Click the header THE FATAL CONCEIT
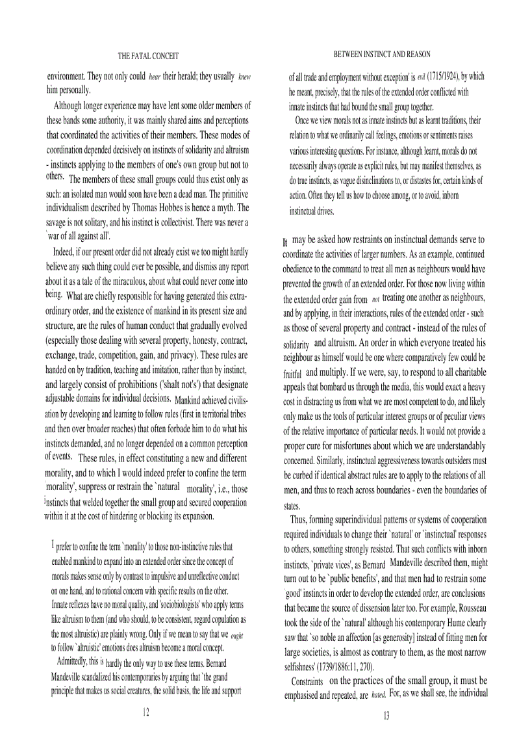(x=148, y=57)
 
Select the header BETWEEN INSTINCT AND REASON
(x=381, y=55)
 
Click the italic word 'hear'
(x=155, y=77)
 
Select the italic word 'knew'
(x=244, y=77)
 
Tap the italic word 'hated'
(x=379, y=695)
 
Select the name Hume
(x=436, y=623)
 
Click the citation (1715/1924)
(x=443, y=76)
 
